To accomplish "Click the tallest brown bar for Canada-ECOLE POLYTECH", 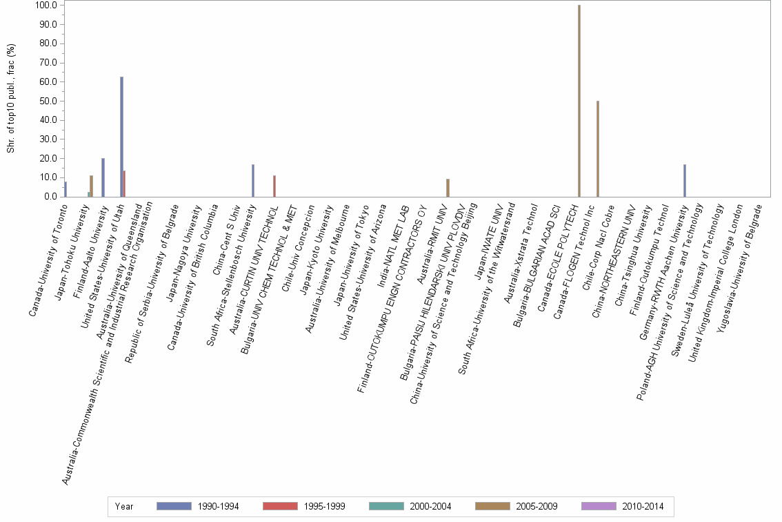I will tap(579, 101).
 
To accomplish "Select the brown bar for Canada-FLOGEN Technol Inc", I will tap(598, 149).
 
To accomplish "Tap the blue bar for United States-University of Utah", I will tap(121, 137).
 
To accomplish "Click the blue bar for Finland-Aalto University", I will tap(103, 177).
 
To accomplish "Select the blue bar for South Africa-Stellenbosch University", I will tap(253, 180).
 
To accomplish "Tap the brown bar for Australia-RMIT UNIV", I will tap(448, 188).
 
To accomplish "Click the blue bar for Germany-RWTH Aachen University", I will tap(684, 180).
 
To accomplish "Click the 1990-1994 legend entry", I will tap(197, 507).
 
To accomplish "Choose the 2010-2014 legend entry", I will tap(622, 507).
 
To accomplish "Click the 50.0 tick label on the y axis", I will tap(48, 101).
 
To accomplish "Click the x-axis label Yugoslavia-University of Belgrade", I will tap(739, 269).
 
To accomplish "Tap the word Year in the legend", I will tap(125, 507).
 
